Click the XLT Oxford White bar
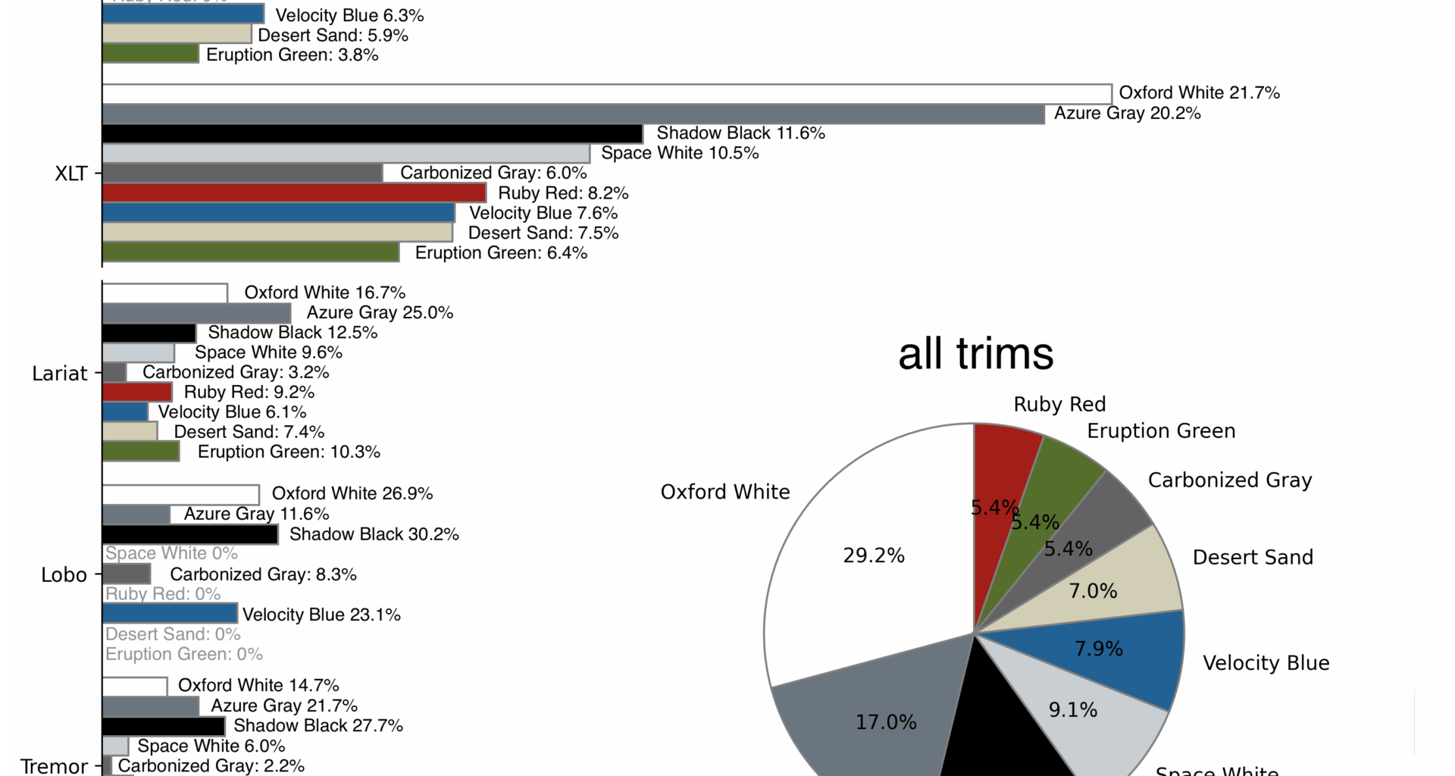(x=606, y=94)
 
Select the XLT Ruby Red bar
(x=293, y=193)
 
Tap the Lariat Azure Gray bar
(x=196, y=313)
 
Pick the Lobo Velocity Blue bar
(x=170, y=613)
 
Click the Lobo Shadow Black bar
(x=189, y=534)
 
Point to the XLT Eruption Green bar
(x=250, y=252)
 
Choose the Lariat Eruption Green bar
(x=141, y=452)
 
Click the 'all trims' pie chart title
(x=975, y=354)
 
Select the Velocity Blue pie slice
(x=1137, y=652)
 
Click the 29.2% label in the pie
(x=874, y=556)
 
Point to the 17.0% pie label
(x=886, y=722)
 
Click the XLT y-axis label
(x=71, y=174)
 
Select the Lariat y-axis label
(x=60, y=374)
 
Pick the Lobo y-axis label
(x=64, y=575)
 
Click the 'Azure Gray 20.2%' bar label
(x=1127, y=114)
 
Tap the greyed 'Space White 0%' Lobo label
(x=171, y=554)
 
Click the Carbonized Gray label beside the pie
(x=1229, y=480)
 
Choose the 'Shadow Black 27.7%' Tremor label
(x=318, y=726)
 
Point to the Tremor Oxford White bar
(x=135, y=687)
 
